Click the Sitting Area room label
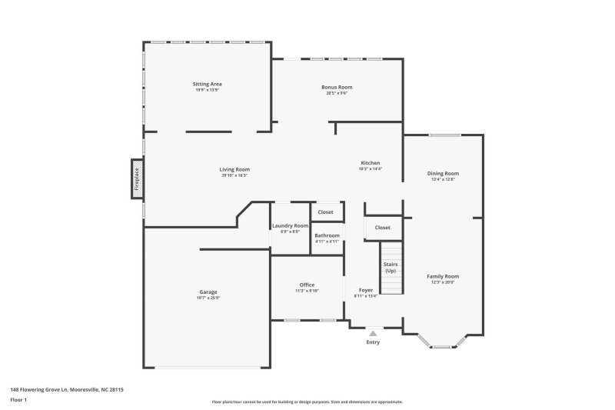[x=207, y=83]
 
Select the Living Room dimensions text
[x=234, y=175]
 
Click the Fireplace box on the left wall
[x=137, y=179]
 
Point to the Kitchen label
[x=371, y=163]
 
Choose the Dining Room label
[x=443, y=173]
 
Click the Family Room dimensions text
[x=443, y=282]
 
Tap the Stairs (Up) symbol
[x=391, y=267]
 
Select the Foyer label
[x=365, y=290]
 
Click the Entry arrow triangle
[x=373, y=333]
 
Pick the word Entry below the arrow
[x=373, y=342]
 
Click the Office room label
[x=307, y=285]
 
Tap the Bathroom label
[x=327, y=235]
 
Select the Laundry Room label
[x=290, y=225]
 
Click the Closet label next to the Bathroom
[x=326, y=212]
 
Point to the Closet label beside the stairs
[x=383, y=228]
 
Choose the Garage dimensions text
[x=208, y=298]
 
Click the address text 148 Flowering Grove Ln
[x=66, y=390]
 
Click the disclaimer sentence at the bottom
[x=307, y=402]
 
